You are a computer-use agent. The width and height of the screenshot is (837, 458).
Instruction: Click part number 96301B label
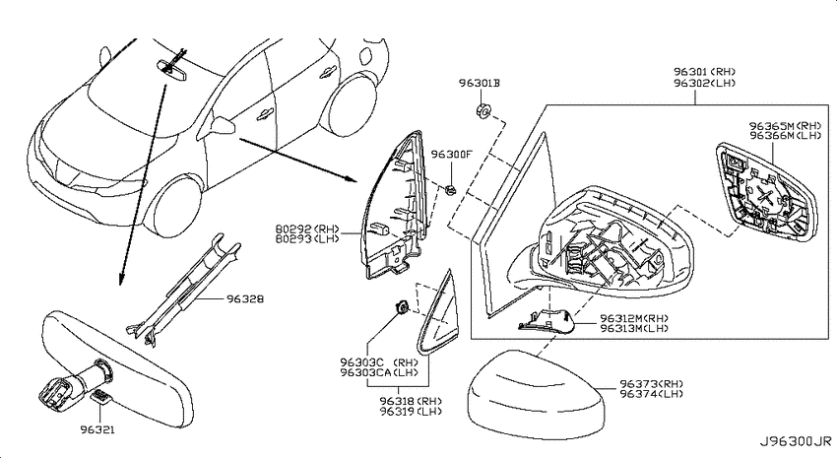pos(480,84)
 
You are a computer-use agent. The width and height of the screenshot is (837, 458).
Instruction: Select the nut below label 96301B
pos(483,111)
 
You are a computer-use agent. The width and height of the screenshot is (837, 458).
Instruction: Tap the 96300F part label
pos(452,155)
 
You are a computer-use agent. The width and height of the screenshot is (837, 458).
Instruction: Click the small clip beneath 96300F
pos(450,189)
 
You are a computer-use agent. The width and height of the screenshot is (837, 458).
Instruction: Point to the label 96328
pos(245,298)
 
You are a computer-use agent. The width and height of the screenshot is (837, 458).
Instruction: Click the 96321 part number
pos(97,429)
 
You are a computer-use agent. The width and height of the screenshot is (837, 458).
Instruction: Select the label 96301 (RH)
pos(704,72)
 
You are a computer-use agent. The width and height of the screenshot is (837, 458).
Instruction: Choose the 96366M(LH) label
pos(785,136)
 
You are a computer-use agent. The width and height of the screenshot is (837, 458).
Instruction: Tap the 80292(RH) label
pos(307,229)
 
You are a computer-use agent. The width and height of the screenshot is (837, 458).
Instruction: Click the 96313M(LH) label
pos(634,328)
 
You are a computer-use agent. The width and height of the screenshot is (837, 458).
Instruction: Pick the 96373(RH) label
pos(652,384)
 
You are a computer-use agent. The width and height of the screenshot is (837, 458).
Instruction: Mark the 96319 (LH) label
pos(411,411)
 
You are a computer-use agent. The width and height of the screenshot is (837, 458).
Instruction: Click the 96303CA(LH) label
pos(379,372)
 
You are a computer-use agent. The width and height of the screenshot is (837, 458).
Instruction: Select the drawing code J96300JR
pos(796,441)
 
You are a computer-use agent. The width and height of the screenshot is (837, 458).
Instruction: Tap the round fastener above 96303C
pos(401,308)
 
